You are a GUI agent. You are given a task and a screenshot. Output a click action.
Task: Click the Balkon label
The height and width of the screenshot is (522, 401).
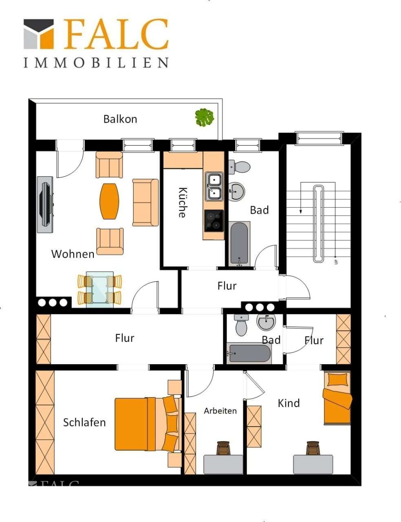[120, 119]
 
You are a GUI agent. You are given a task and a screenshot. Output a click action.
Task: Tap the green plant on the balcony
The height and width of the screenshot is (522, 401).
[205, 118]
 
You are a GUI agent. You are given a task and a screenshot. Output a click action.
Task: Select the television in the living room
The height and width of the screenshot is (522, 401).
[45, 205]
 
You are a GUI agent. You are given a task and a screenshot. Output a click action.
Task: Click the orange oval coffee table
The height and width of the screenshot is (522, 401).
[109, 201]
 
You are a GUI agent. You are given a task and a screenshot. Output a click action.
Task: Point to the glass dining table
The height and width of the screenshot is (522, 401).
[100, 290]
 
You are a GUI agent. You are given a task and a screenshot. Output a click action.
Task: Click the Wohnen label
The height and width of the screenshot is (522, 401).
[73, 254]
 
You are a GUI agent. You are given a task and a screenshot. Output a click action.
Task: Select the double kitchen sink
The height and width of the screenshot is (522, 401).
[214, 186]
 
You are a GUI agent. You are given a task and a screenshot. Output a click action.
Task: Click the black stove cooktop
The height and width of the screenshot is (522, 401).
[214, 221]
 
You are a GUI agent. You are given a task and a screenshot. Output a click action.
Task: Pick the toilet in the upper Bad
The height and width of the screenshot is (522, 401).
[239, 167]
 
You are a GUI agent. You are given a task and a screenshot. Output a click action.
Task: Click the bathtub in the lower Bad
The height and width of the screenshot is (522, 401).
[249, 353]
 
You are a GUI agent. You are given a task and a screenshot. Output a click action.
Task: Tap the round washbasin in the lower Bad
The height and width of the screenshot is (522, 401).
[266, 322]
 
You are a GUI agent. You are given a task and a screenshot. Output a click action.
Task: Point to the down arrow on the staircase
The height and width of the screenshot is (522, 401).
[301, 198]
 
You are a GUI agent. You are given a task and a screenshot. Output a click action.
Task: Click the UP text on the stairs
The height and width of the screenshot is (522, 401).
[336, 262]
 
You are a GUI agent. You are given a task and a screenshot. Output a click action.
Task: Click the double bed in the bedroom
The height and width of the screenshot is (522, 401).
[148, 424]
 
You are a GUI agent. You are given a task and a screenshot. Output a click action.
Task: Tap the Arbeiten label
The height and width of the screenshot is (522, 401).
[220, 411]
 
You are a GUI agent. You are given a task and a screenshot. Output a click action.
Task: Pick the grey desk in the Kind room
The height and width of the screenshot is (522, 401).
[313, 464]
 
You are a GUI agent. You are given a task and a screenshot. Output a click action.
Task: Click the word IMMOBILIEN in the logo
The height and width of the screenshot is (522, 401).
[96, 63]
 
